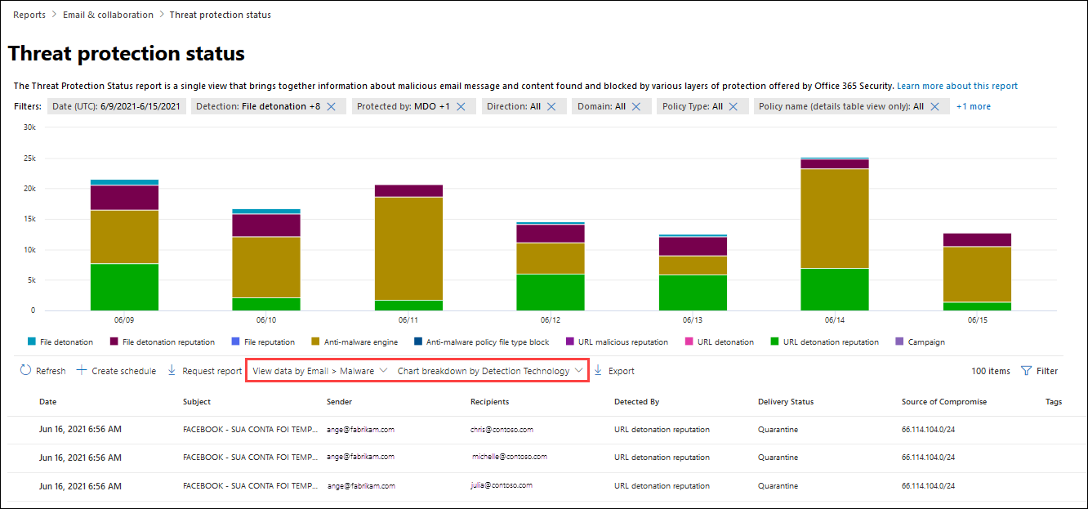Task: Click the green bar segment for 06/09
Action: (124, 287)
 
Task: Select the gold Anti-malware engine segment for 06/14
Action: (834, 218)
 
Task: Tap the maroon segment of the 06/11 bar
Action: (408, 190)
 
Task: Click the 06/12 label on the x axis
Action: (550, 320)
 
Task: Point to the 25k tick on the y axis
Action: (29, 159)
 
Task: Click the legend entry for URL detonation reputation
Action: (824, 342)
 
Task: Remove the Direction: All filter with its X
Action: (551, 106)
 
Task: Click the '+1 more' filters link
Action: (973, 106)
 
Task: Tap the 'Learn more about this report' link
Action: (957, 86)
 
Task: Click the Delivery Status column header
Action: (786, 402)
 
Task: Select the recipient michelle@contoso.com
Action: (510, 457)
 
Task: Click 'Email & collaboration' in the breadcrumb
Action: (108, 15)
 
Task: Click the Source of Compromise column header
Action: (944, 402)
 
